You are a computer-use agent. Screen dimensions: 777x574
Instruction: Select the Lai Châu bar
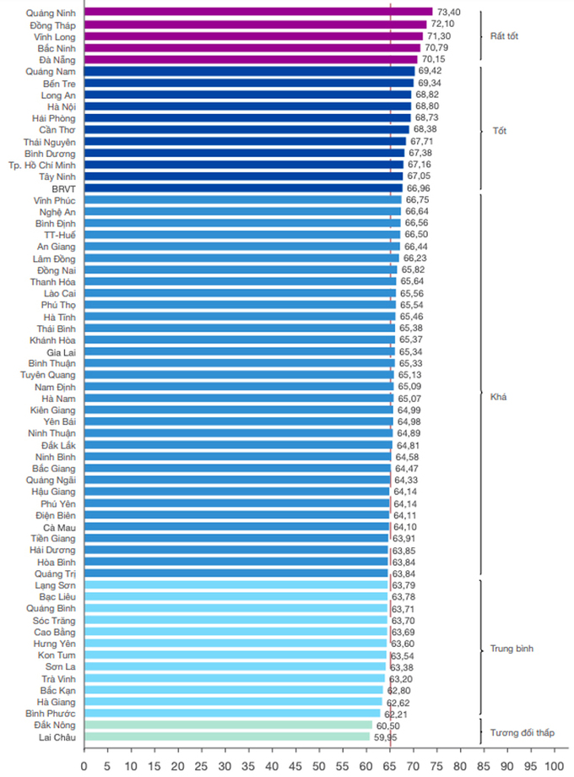point(228,737)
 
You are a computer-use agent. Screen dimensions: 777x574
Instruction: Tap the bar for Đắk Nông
point(229,725)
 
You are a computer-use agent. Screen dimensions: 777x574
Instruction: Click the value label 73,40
point(449,13)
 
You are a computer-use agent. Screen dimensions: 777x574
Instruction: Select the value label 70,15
point(434,60)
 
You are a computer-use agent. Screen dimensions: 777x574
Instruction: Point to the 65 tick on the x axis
point(390,766)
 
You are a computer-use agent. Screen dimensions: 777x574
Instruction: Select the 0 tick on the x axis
point(84,766)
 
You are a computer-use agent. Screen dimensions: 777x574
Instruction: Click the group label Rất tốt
point(504,36)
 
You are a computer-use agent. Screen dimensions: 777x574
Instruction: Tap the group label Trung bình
point(511,649)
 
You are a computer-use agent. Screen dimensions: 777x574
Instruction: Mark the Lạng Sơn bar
point(236,585)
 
